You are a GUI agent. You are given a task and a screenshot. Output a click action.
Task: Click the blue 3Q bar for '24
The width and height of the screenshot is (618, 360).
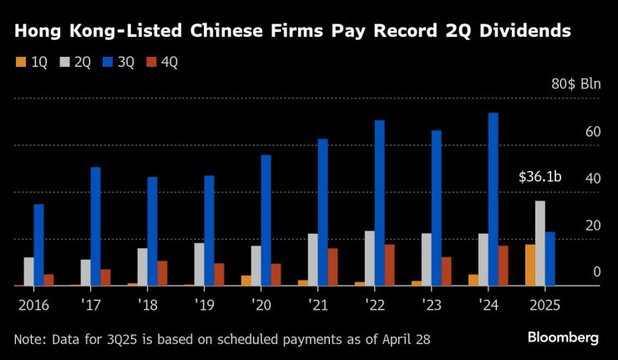point(493,200)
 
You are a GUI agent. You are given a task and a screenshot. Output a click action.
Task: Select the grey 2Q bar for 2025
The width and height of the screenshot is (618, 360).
point(539,243)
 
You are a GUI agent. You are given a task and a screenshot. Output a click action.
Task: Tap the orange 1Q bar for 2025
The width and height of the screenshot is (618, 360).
point(529,265)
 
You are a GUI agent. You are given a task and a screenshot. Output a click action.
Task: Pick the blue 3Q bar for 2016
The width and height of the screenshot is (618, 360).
point(38,245)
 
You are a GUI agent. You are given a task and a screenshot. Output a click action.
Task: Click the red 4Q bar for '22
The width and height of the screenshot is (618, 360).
point(389,265)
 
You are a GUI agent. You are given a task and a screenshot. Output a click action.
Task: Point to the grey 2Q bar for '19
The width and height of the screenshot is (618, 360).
point(199,264)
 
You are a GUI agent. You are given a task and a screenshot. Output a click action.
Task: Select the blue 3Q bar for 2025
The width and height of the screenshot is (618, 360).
point(550,259)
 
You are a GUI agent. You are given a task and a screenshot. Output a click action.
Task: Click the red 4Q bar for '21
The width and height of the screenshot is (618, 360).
point(332,266)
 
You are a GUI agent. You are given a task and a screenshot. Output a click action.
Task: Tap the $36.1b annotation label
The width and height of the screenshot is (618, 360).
point(539,177)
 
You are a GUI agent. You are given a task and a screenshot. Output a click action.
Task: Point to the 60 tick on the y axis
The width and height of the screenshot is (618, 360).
point(594,132)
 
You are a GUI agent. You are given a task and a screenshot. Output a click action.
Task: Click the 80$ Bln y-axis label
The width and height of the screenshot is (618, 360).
point(576,85)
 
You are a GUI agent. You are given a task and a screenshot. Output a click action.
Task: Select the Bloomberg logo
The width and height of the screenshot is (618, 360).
point(563,337)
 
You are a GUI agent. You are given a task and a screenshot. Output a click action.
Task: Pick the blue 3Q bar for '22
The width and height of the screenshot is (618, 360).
point(379,203)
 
